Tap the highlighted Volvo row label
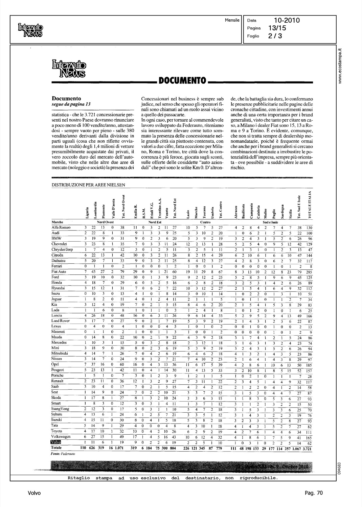(55, 442)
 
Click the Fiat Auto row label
(59, 271)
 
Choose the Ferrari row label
(56, 266)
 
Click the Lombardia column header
(95, 210)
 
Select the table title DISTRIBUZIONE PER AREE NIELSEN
(88, 185)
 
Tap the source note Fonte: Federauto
(63, 454)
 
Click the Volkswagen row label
(61, 436)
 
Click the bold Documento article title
(66, 98)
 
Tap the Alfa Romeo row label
(61, 227)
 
